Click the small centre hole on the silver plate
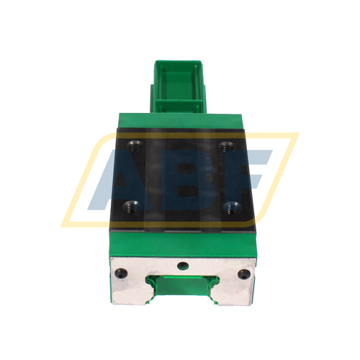point(181,264)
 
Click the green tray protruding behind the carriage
point(180,83)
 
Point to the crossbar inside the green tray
point(179,102)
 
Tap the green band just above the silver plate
point(180,241)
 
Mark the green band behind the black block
point(180,120)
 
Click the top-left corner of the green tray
point(156,62)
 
